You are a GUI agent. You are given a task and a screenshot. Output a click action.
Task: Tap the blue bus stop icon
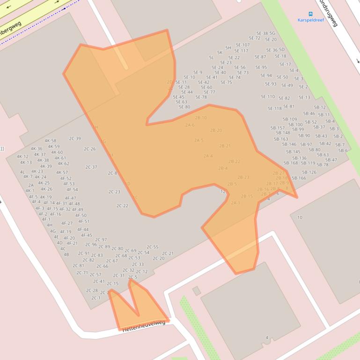[x=310, y=14]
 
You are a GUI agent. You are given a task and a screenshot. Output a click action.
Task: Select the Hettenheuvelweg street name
[x=144, y=326]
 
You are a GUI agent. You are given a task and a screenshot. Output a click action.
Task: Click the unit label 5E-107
[x=242, y=45]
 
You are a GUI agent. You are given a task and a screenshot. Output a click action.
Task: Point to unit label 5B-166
[x=299, y=178]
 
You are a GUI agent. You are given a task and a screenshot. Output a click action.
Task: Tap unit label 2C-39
[x=75, y=139]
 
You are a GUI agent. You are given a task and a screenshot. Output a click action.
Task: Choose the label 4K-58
[x=50, y=141]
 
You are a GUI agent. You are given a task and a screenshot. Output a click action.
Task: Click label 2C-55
[x=153, y=247]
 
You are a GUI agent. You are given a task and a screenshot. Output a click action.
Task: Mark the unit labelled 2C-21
[x=168, y=254]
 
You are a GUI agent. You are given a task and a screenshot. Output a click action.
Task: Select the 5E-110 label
[x=268, y=97]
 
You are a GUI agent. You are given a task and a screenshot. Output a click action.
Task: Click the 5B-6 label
[x=343, y=151]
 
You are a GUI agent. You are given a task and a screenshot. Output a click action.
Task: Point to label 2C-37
[x=91, y=167]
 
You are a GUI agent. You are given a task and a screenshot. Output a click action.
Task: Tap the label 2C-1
[x=96, y=298]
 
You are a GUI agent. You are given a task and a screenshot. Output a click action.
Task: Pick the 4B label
[x=66, y=254]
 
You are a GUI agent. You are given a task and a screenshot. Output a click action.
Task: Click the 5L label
[x=211, y=58]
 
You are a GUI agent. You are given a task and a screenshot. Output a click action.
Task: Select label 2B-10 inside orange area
[x=201, y=118]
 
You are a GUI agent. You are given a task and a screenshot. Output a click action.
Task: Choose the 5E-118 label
[x=275, y=108]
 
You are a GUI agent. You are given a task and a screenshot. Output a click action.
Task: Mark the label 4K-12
[x=22, y=157]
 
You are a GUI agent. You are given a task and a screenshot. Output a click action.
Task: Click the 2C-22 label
[x=122, y=206]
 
